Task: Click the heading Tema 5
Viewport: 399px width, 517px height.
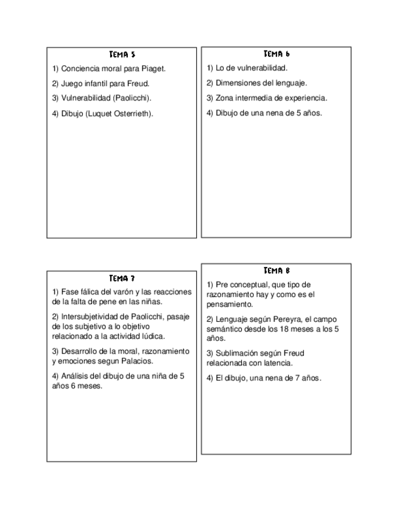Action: tap(122, 54)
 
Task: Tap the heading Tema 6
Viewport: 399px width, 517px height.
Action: tap(277, 54)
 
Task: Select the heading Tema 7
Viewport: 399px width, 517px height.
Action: tap(122, 279)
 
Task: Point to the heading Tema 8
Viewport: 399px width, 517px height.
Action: tap(277, 270)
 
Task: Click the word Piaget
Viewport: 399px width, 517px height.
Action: tap(154, 69)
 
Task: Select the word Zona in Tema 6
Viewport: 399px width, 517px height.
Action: tap(224, 98)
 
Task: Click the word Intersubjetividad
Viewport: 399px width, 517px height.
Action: tap(90, 317)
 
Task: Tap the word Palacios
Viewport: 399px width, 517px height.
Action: tap(138, 361)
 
